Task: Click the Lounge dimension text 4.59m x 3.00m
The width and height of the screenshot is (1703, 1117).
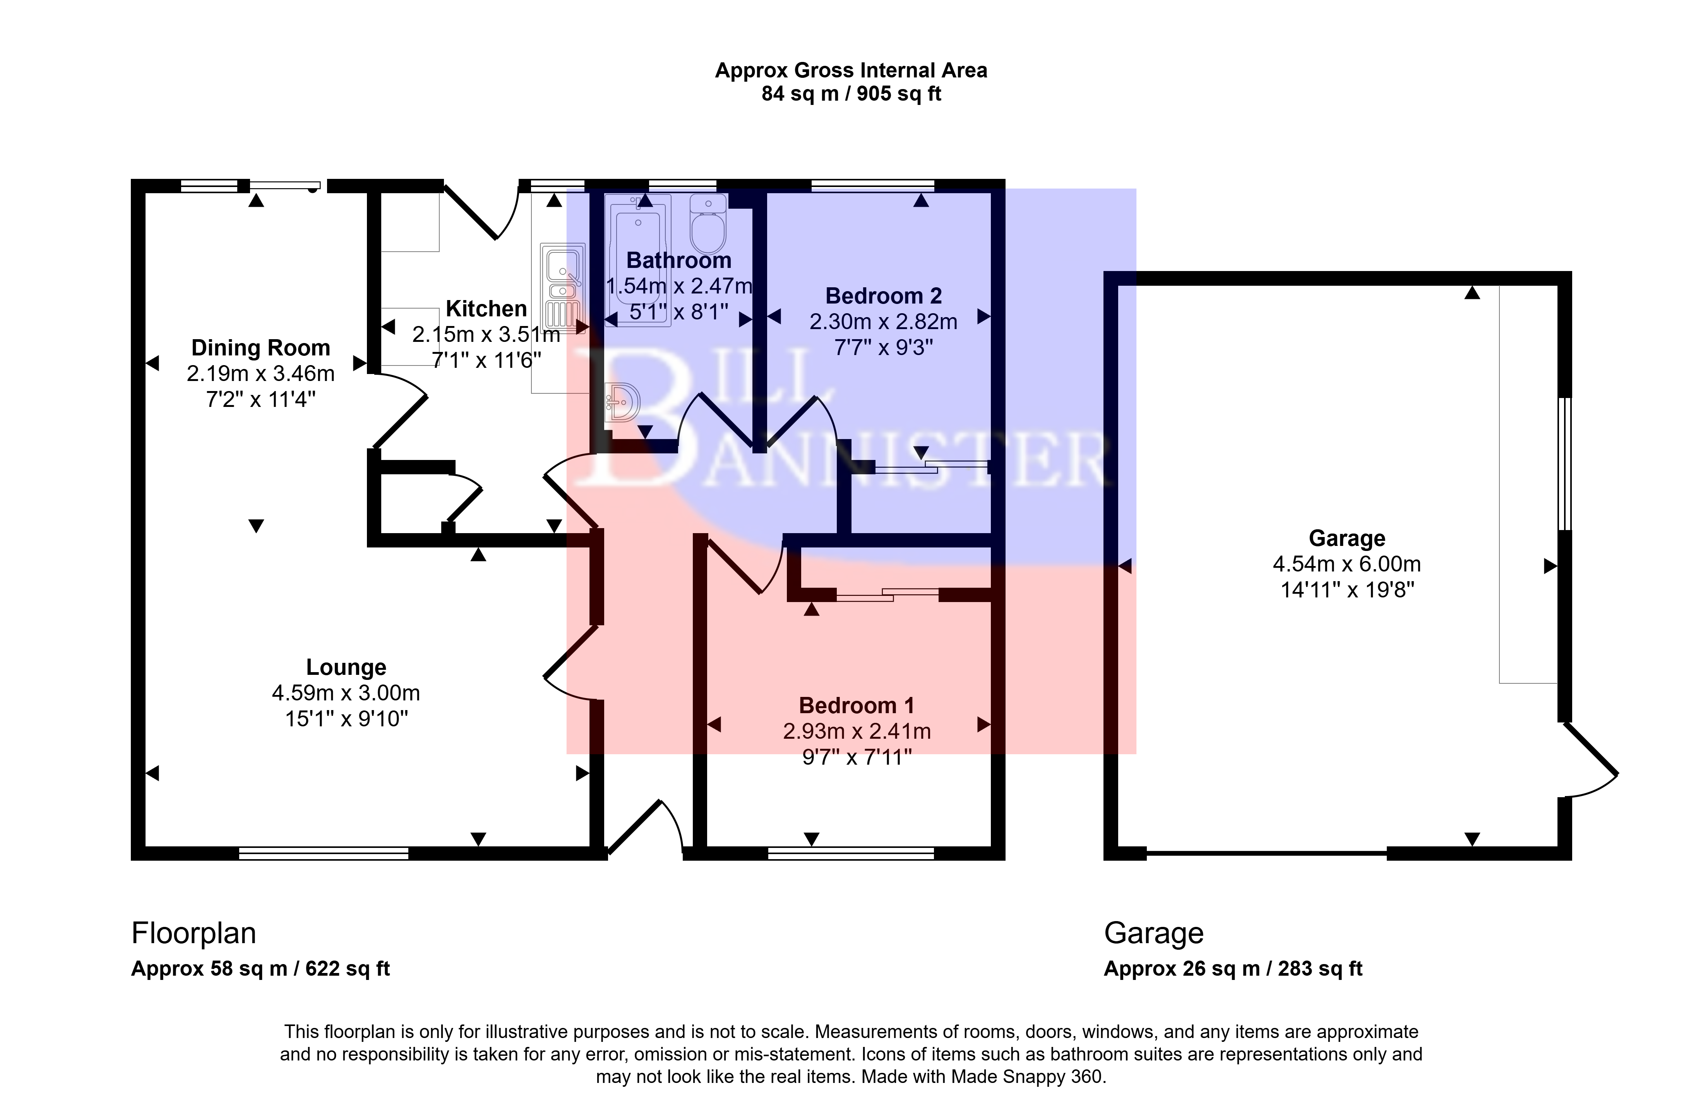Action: tap(346, 693)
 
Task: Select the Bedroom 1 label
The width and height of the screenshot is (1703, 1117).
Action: tap(857, 705)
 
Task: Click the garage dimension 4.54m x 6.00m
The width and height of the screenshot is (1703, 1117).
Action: tap(1346, 564)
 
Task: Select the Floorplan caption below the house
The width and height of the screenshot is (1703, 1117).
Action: tap(193, 933)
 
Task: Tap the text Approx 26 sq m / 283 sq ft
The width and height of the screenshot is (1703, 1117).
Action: tap(1233, 969)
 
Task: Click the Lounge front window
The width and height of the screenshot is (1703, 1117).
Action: tap(324, 853)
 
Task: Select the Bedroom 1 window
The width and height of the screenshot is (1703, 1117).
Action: tap(851, 853)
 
